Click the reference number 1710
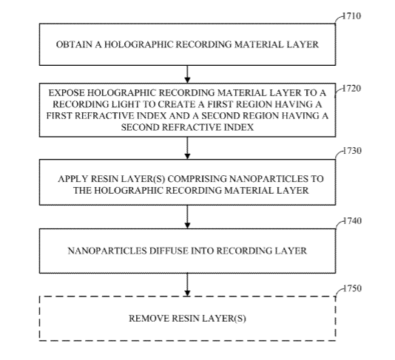pos(352,16)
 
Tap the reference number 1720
pos(352,89)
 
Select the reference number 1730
pos(352,151)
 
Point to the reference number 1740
pos(352,221)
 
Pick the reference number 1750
pos(352,288)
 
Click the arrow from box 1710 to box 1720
pos(187,74)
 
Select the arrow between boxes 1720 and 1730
pos(187,148)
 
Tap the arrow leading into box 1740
pos(187,217)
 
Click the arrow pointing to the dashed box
pos(187,285)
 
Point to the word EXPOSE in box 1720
pos(67,93)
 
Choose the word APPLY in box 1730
pos(73,179)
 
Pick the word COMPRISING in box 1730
pos(197,179)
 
